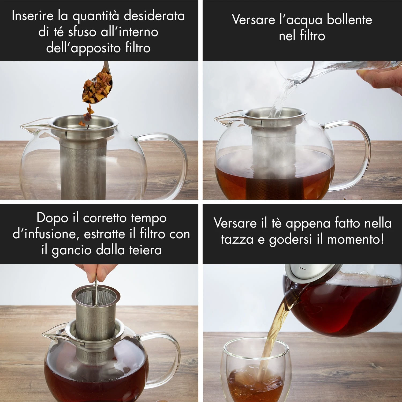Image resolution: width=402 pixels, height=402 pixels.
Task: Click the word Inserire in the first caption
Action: click(33, 16)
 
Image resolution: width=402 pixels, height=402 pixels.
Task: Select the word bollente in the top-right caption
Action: click(349, 20)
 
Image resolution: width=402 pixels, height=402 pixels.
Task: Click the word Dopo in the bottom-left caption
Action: click(52, 218)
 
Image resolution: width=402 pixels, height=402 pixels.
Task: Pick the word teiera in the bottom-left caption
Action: click(146, 250)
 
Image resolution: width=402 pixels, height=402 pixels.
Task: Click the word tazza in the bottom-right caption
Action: click(237, 239)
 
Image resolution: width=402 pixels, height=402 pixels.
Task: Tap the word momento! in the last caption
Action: click(356, 239)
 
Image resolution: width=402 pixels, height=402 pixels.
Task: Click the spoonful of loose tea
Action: click(96, 87)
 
